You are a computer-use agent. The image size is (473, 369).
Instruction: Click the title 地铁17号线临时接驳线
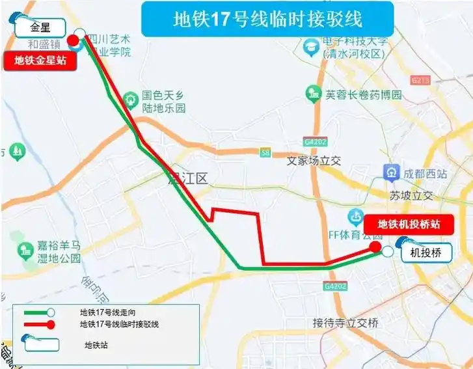(x=267, y=19)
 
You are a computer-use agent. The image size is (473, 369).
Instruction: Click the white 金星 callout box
(x=40, y=28)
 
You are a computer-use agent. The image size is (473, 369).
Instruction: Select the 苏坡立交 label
(x=411, y=195)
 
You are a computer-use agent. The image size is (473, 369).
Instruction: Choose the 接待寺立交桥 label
(x=345, y=323)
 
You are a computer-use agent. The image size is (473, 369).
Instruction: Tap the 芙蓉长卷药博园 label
(x=364, y=94)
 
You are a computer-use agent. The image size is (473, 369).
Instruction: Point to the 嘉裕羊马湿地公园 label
(x=58, y=252)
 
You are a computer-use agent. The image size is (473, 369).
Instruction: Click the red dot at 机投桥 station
(x=375, y=247)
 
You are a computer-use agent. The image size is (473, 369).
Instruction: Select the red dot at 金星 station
(x=74, y=40)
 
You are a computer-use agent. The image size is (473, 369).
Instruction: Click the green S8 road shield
(x=264, y=153)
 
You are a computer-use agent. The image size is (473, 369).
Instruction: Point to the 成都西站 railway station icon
(x=391, y=173)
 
